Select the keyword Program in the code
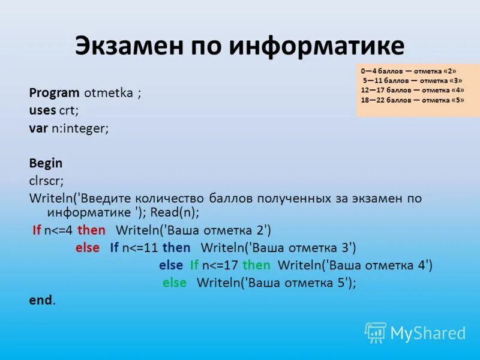[54, 93]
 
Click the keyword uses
[42, 110]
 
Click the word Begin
[46, 163]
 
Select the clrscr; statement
[46, 180]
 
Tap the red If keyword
[37, 230]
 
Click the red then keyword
[91, 230]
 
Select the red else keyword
[88, 247]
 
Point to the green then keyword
[257, 265]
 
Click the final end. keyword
[42, 300]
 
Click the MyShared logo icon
[376, 332]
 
